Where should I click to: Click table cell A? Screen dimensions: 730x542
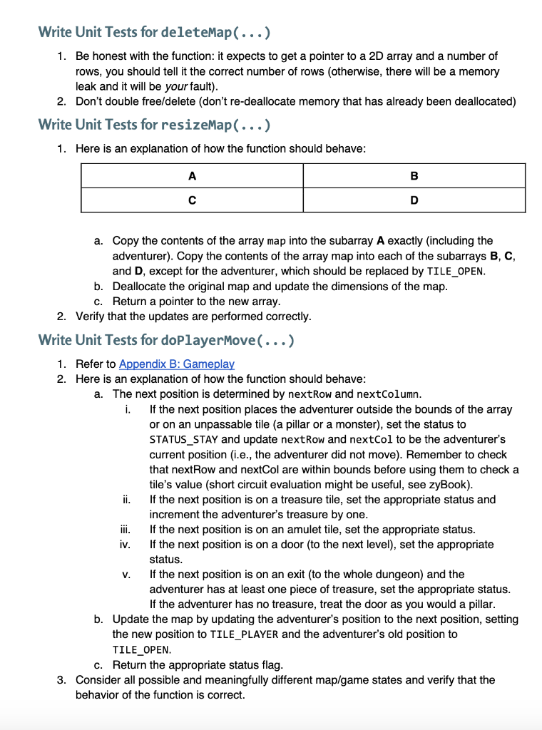(x=192, y=175)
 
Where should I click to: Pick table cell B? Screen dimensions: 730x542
(x=414, y=175)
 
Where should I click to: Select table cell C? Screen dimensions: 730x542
(x=192, y=200)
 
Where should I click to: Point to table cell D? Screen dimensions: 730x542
(x=414, y=200)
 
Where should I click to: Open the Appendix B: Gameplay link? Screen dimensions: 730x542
(x=176, y=364)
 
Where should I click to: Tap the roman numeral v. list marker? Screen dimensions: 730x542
(x=126, y=575)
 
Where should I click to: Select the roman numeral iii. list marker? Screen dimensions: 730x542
(x=124, y=530)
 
